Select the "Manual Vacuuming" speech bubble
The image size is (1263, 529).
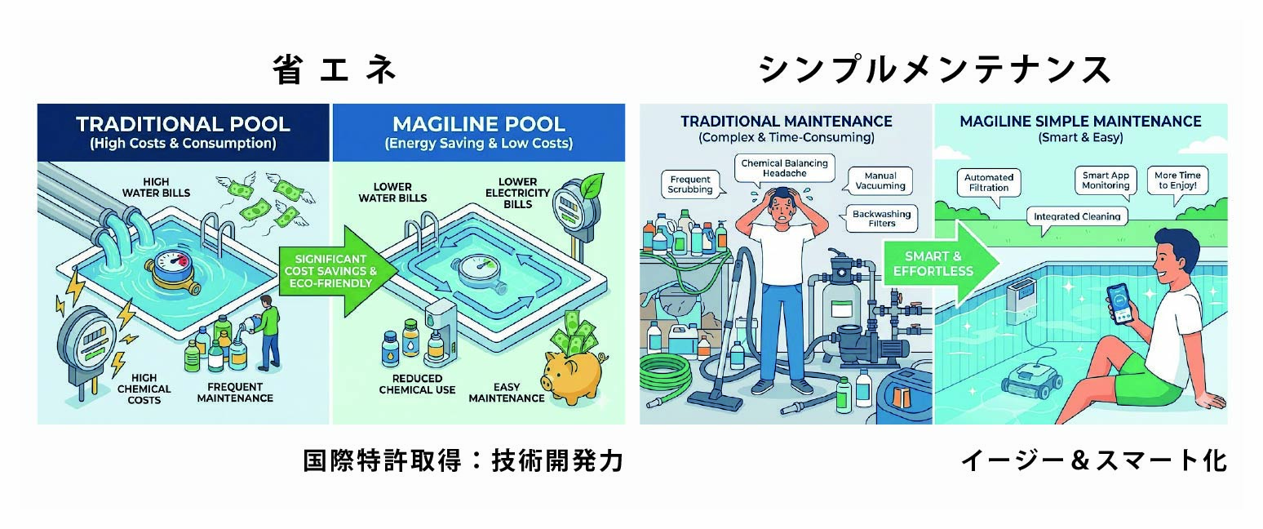click(x=880, y=180)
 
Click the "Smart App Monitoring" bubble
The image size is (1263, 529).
click(x=1106, y=180)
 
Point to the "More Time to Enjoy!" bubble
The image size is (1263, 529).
click(x=1177, y=180)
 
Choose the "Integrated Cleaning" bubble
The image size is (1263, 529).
click(x=1078, y=217)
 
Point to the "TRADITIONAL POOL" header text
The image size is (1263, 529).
click(x=183, y=125)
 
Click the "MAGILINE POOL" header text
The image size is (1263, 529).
click(x=478, y=125)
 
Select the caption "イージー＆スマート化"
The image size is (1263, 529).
click(x=1093, y=461)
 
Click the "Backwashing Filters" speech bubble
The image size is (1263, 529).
click(x=884, y=218)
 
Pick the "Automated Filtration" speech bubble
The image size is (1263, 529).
click(x=989, y=182)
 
